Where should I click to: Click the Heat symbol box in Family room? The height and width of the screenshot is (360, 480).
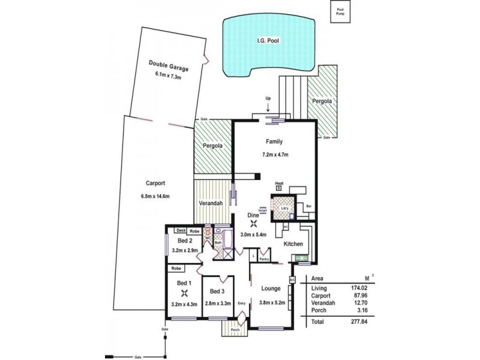(278, 188)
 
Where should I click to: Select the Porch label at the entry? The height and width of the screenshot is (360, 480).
(235, 329)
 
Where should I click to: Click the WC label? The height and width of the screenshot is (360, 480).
(208, 238)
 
